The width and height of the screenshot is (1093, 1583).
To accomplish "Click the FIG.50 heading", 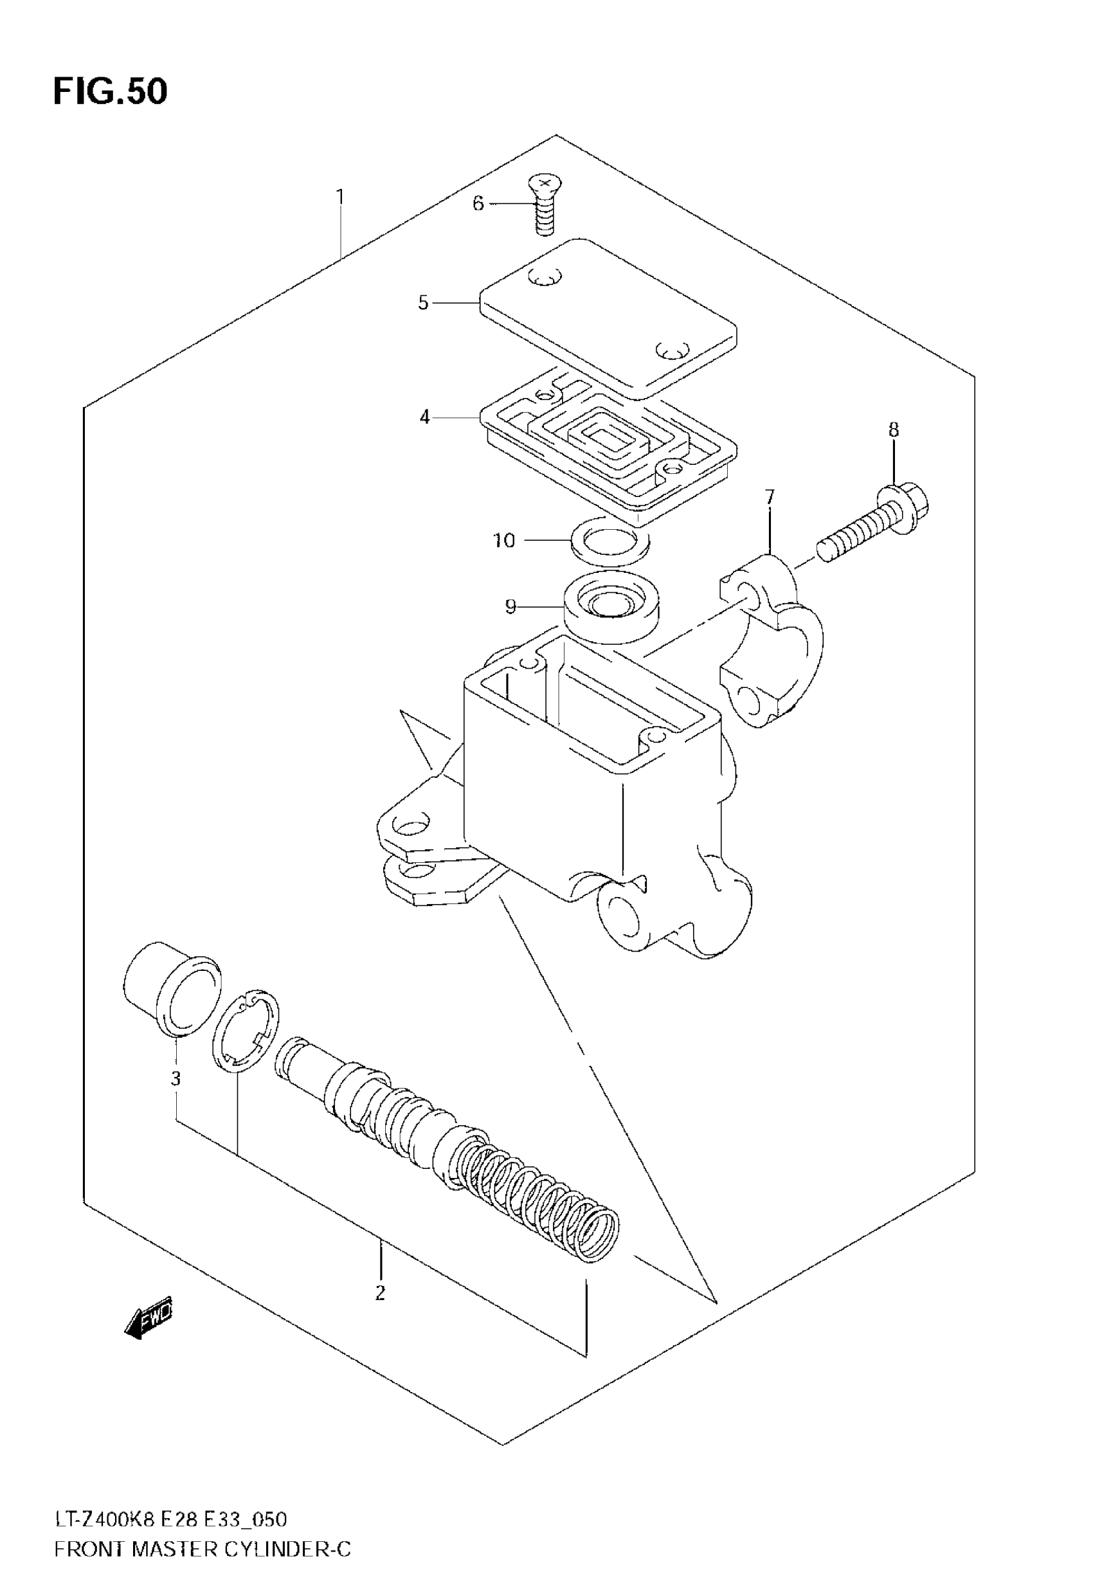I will pyautogui.click(x=110, y=92).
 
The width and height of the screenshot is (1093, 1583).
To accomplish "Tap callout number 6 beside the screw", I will pyautogui.click(x=478, y=203).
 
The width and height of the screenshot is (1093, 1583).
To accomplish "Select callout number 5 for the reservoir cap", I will pyautogui.click(x=423, y=303).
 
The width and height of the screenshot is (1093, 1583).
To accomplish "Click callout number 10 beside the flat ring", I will pyautogui.click(x=504, y=540).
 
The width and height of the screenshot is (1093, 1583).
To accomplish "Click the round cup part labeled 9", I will pyautogui.click(x=611, y=606).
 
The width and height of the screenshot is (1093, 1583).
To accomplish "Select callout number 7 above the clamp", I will pyautogui.click(x=770, y=497).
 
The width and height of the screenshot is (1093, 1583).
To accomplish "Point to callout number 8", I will pyautogui.click(x=894, y=430).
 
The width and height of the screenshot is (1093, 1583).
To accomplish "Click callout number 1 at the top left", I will pyautogui.click(x=340, y=197).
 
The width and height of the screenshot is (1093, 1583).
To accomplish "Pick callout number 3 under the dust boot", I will pyautogui.click(x=176, y=1078).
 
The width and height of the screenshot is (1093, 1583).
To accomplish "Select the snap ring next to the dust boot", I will pyautogui.click(x=245, y=1030).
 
